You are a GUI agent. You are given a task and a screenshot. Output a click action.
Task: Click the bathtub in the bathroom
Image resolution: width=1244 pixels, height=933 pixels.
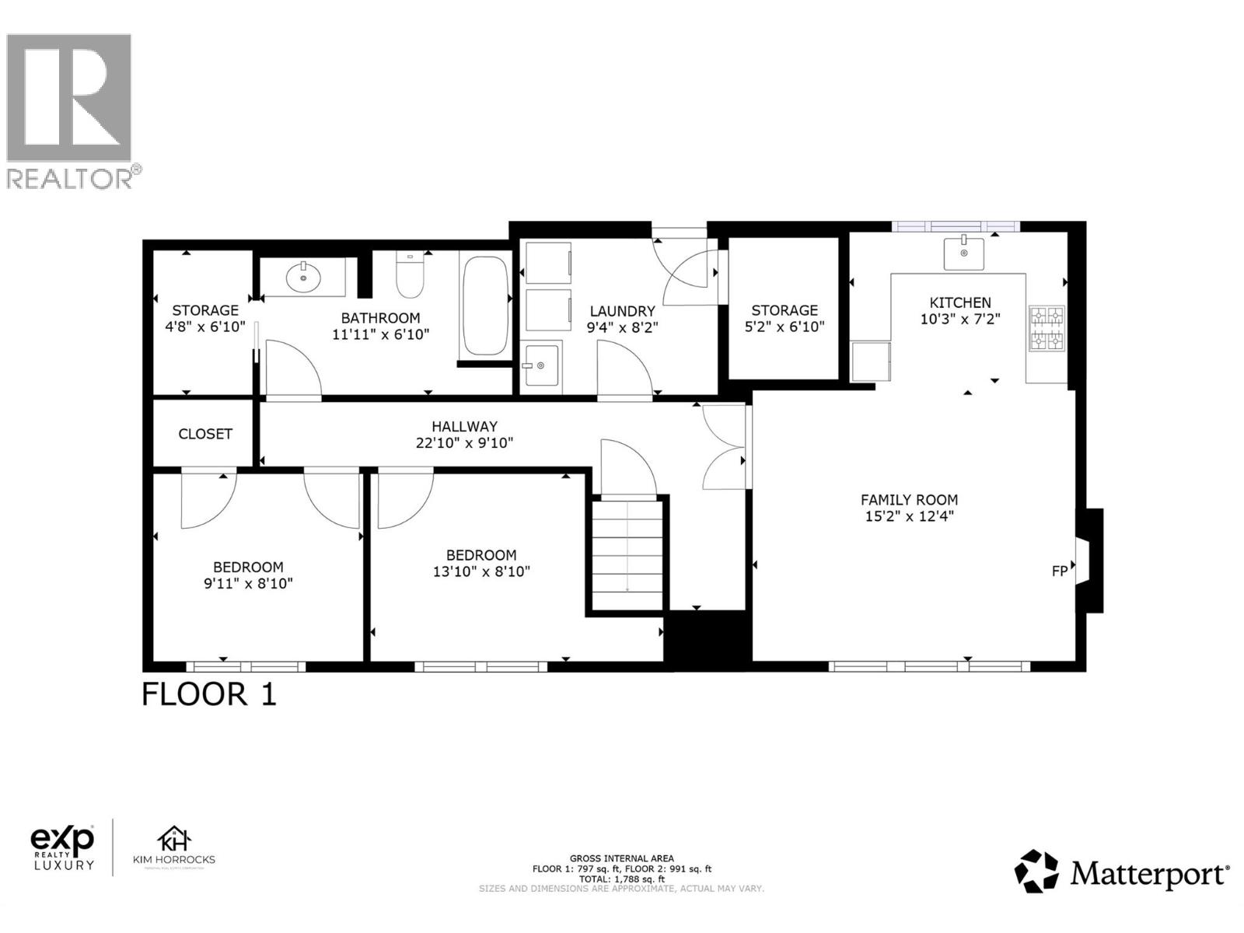pyautogui.click(x=485, y=306)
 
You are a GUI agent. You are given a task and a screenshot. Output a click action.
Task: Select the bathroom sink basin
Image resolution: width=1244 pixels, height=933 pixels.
pyautogui.click(x=303, y=276)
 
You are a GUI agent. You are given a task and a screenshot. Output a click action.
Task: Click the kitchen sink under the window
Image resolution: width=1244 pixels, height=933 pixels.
pyautogui.click(x=963, y=253)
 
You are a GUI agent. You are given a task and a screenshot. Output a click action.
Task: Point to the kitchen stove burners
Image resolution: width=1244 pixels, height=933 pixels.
pyautogui.click(x=1047, y=328)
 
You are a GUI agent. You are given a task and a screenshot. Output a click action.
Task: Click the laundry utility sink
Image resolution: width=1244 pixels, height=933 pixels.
pyautogui.click(x=540, y=365)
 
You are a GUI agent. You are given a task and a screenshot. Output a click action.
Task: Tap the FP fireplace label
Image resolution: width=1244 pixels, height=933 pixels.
pyautogui.click(x=1059, y=571)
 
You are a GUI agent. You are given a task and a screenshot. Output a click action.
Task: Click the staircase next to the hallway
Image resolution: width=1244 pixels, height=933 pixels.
pyautogui.click(x=627, y=554)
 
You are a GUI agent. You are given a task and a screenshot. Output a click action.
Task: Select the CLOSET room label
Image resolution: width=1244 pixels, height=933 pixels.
pyautogui.click(x=205, y=434)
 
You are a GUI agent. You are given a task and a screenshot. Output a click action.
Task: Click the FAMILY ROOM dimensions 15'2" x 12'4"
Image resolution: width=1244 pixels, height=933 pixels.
pyautogui.click(x=909, y=515)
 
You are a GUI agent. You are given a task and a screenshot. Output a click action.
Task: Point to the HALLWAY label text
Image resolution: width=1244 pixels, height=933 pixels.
pyautogui.click(x=464, y=426)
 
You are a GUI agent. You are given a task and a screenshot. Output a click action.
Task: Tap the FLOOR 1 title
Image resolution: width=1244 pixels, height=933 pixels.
pyautogui.click(x=208, y=694)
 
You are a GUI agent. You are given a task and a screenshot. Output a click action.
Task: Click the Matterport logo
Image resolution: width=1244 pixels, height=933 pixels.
pyautogui.click(x=1121, y=872)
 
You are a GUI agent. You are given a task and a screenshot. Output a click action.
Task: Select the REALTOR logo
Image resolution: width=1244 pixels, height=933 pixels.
pyautogui.click(x=70, y=109)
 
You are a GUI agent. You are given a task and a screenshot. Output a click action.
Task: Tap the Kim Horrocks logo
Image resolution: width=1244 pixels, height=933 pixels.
pyautogui.click(x=174, y=847)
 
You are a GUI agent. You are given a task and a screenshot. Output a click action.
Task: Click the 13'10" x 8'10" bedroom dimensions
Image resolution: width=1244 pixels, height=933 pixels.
pyautogui.click(x=480, y=571)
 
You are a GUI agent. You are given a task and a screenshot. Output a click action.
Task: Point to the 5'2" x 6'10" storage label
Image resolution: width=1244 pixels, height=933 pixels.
pyautogui.click(x=784, y=327)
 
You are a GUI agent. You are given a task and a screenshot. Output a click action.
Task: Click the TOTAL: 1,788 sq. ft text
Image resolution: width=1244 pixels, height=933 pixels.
pyautogui.click(x=621, y=879)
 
